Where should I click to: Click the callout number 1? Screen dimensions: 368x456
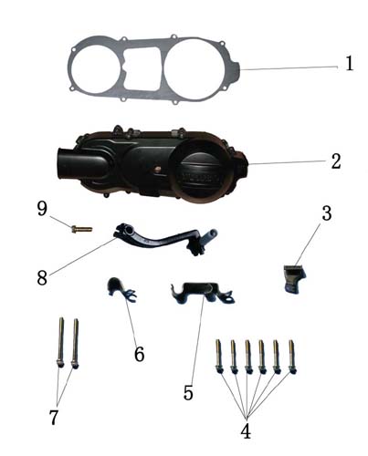point(350,63)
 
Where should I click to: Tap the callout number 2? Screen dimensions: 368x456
point(336,161)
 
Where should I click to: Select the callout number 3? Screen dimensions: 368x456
point(327,213)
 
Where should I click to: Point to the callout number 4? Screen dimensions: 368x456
point(246,430)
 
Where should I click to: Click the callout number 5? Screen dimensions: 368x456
point(188,392)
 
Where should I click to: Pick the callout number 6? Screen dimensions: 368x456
point(139,354)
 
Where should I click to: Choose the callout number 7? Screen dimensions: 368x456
point(54,417)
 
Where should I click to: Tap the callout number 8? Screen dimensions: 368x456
point(42,277)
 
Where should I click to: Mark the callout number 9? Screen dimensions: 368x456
point(42,209)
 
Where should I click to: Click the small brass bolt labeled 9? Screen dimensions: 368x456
point(81,229)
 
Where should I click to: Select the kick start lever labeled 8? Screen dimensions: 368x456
point(164,239)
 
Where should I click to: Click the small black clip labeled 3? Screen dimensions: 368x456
point(295,278)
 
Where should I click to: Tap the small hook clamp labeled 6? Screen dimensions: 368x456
point(121,289)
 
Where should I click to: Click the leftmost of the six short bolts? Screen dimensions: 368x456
point(219,357)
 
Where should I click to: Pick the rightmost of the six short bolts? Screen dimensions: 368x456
point(292,357)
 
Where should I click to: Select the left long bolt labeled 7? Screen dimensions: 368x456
point(61,343)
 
